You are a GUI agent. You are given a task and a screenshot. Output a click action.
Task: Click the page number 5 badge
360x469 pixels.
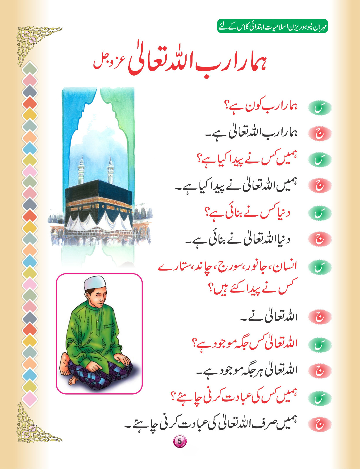(x=180, y=441)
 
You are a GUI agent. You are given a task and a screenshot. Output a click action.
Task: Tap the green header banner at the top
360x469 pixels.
(x=272, y=26)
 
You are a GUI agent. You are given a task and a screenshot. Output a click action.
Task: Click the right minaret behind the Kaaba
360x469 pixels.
(x=110, y=171)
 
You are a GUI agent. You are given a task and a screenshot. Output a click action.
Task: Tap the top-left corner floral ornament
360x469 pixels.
(x=32, y=41)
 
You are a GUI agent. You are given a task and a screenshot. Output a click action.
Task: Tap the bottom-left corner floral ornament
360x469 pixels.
(x=32, y=425)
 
